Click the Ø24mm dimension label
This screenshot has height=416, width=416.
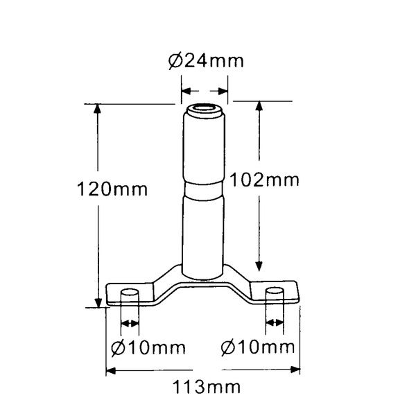206,61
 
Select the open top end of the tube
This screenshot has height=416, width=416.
205,110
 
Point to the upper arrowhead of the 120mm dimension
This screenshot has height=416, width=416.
98,110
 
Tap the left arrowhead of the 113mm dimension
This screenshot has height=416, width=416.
112,370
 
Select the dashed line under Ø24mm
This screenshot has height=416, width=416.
205,89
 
